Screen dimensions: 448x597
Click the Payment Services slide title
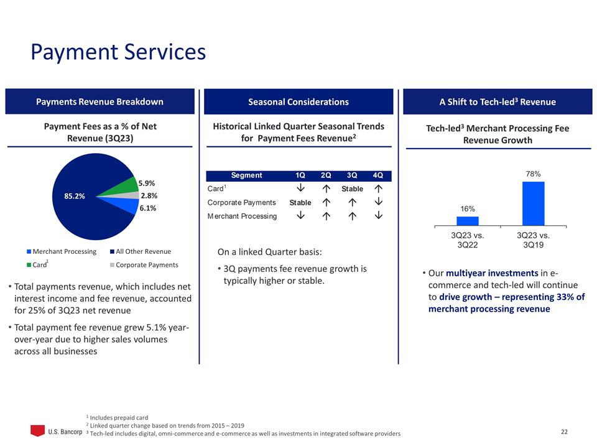tap(118, 52)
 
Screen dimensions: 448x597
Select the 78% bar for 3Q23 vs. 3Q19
tap(533, 203)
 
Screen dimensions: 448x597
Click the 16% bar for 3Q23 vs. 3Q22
tap(468, 221)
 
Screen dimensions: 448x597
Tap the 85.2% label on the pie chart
tap(74, 195)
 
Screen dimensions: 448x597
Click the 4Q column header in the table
tap(377, 175)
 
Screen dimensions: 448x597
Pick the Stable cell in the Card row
tap(351, 189)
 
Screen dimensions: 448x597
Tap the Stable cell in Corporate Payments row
tap(300, 203)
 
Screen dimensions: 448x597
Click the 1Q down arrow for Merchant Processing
tap(300, 216)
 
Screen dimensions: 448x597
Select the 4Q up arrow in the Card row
tap(377, 189)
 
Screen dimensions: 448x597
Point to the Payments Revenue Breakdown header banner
tap(101, 102)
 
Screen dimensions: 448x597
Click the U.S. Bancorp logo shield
tap(38, 430)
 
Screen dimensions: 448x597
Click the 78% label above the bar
tap(533, 174)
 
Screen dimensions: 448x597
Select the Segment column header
tap(246, 175)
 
